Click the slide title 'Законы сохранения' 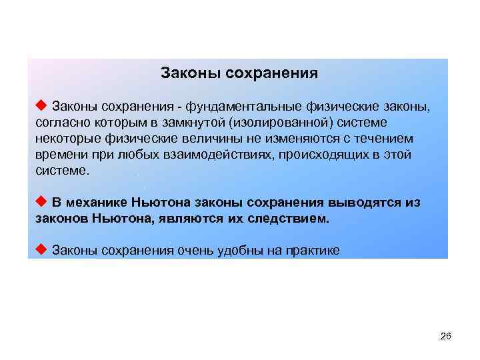coord(239,73)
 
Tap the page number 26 coord(446,337)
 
